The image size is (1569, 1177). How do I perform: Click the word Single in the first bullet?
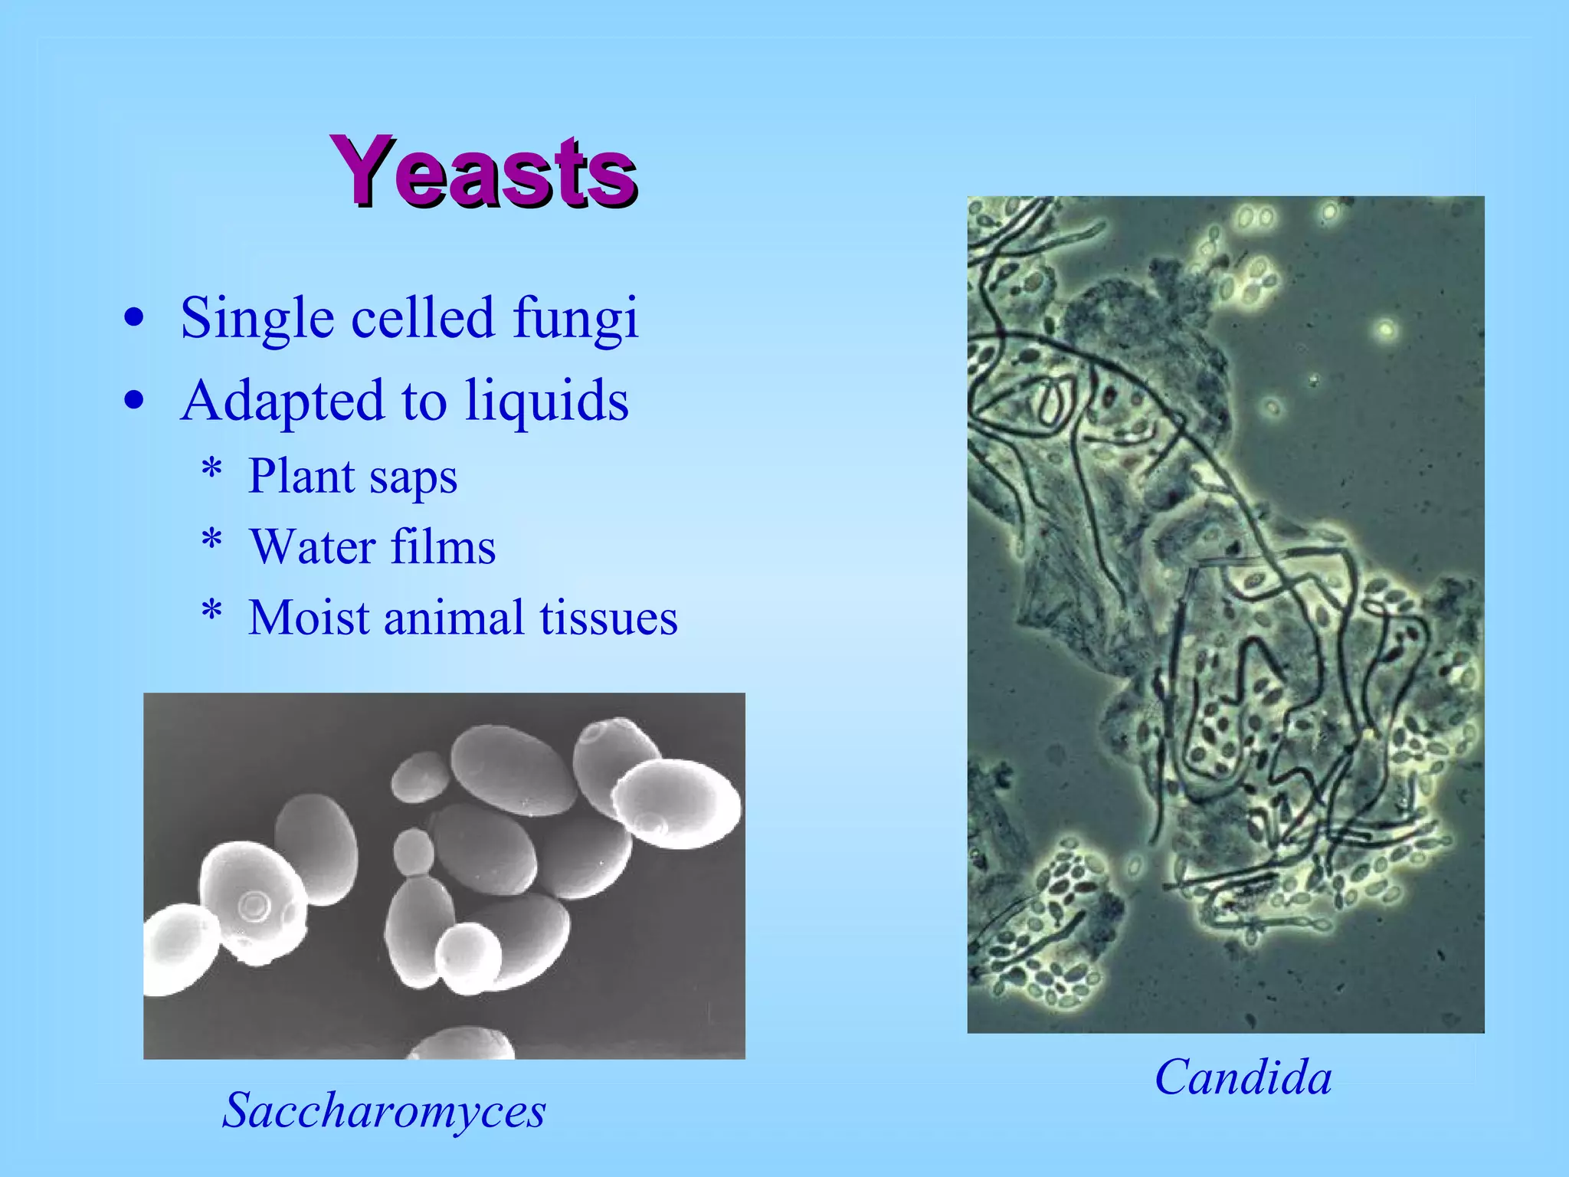pyautogui.click(x=257, y=317)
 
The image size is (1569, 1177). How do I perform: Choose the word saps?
pyautogui.click(x=414, y=477)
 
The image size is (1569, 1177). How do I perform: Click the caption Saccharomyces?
pyautogui.click(x=384, y=1110)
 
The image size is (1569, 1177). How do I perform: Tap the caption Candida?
pyautogui.click(x=1243, y=1077)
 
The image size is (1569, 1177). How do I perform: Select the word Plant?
pyautogui.click(x=302, y=477)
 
